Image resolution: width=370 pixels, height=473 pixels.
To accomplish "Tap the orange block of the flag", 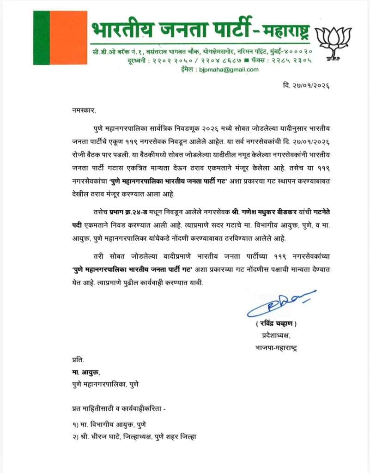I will pos(68,38).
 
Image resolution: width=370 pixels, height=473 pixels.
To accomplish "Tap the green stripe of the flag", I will pos(41,38).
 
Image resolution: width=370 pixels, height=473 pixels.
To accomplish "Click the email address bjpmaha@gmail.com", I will pos(228,69).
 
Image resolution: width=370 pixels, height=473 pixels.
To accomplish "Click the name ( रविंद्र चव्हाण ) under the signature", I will pos(277,323).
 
